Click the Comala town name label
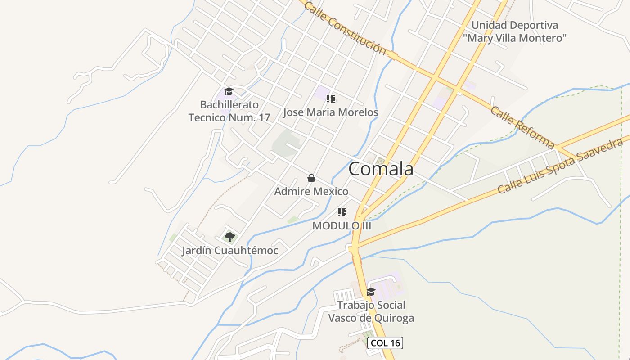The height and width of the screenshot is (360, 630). coord(381,169)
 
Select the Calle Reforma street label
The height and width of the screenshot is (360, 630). coord(522,127)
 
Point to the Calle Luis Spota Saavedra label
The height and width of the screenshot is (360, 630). coord(560,166)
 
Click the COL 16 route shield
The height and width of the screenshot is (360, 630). coord(385,343)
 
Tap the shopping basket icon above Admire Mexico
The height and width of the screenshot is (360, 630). coord(311,178)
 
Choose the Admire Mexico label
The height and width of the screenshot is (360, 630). coord(311,192)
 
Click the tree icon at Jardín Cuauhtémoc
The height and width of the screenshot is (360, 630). coord(230,237)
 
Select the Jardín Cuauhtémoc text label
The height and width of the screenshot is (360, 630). coord(230,251)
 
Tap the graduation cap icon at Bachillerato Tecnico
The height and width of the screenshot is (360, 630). coord(229,92)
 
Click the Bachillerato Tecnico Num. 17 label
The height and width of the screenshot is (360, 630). coord(229,111)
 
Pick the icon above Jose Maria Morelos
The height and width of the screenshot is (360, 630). coord(331,99)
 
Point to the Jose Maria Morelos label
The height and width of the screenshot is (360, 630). coord(331,112)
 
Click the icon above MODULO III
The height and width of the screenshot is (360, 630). coord(342,212)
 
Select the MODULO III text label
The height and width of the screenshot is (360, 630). coord(342,226)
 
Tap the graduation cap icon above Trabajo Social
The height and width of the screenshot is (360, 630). coord(371,292)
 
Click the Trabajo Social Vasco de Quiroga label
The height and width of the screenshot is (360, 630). coord(371,311)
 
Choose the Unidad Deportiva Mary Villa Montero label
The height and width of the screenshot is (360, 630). coord(515,31)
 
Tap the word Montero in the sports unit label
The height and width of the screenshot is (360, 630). coord(546,38)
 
